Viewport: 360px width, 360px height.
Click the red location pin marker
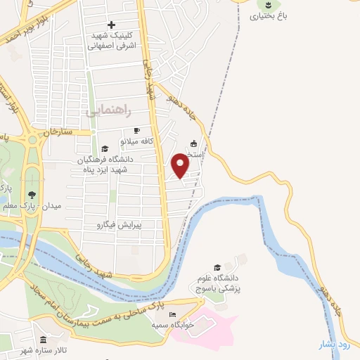click(181, 165)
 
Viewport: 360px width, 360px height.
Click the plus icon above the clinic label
click(111, 25)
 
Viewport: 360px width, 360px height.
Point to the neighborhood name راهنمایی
click(104, 111)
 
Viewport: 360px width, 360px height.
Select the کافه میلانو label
click(137, 141)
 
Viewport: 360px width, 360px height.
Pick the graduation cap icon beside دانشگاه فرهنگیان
click(105, 149)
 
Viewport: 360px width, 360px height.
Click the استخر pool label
click(193, 154)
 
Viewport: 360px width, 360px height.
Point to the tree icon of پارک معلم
click(31, 195)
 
